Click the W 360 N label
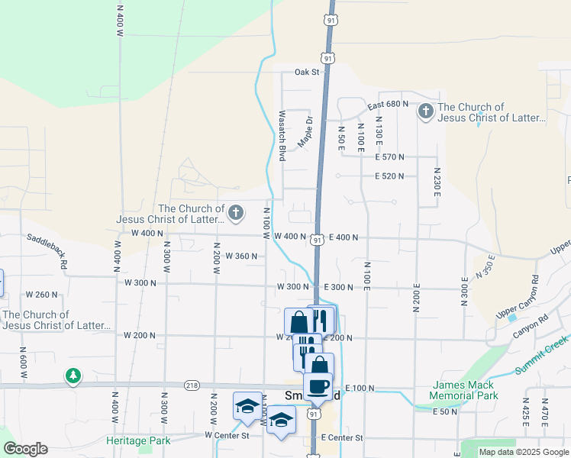click(x=241, y=256)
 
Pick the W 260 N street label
click(x=42, y=294)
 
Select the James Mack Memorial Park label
click(x=463, y=390)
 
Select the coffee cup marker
click(x=318, y=386)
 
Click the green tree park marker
click(x=73, y=376)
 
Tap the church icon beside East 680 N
click(x=425, y=112)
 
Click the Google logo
click(x=25, y=449)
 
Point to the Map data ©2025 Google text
click(x=523, y=452)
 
